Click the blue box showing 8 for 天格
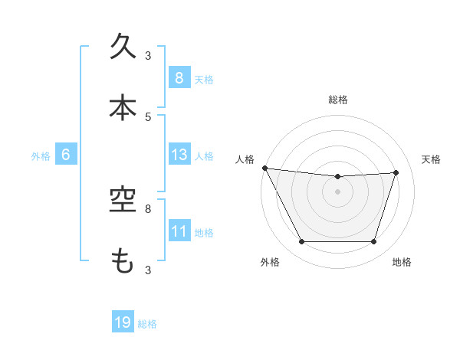(x=179, y=78)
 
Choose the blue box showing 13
(x=179, y=155)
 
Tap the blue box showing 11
(x=179, y=231)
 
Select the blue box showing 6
(x=66, y=155)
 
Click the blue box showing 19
(x=123, y=323)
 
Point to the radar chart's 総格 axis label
(x=338, y=100)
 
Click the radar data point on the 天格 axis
(x=396, y=172)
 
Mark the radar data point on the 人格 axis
(x=264, y=168)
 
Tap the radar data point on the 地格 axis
(x=374, y=242)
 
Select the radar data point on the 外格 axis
(x=301, y=242)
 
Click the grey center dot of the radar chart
(x=338, y=191)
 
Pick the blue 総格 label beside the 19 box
(x=147, y=324)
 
